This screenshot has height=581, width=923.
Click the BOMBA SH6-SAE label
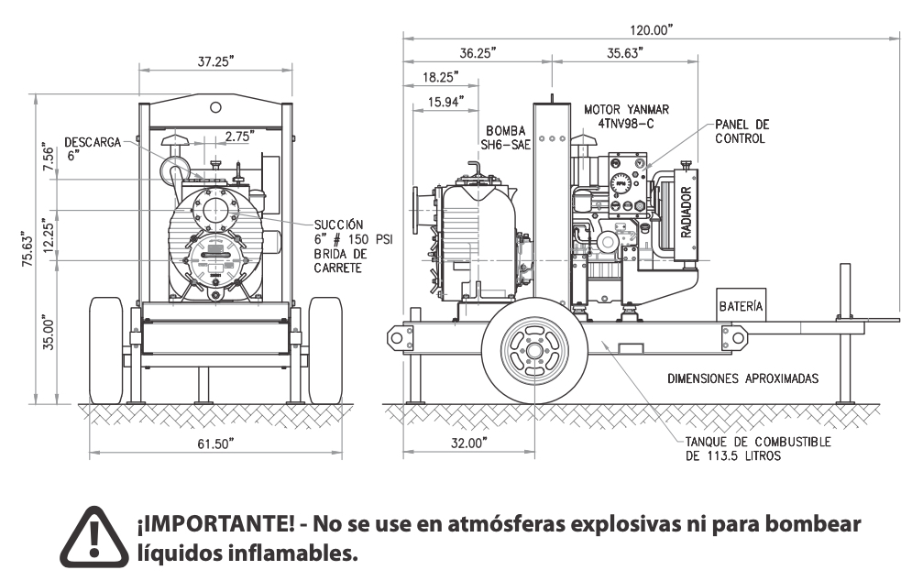506,137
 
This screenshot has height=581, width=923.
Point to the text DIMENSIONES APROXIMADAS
742,378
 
